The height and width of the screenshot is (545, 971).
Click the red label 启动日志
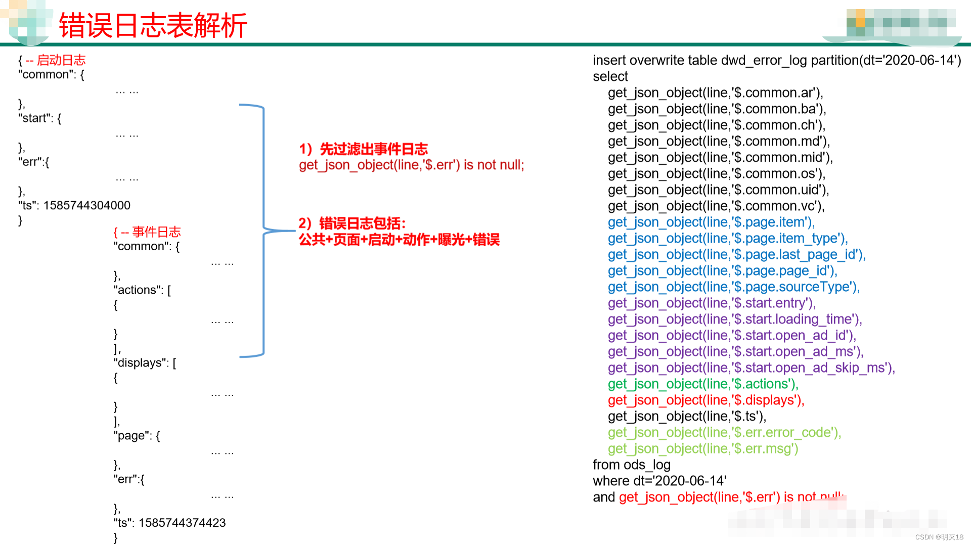(61, 60)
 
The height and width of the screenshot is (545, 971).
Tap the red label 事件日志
(156, 232)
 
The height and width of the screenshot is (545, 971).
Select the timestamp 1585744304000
(86, 205)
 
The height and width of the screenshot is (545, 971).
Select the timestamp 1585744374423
(182, 523)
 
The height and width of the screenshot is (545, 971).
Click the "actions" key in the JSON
(138, 290)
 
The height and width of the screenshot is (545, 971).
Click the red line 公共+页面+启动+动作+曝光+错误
(399, 240)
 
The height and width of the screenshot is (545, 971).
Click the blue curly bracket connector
(263, 230)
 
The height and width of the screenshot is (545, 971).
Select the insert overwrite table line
(776, 60)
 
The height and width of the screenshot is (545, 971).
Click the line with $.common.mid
(720, 158)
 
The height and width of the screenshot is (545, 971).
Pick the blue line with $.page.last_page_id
(736, 255)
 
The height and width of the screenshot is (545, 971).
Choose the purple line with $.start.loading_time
(734, 320)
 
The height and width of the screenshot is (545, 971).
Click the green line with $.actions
(702, 384)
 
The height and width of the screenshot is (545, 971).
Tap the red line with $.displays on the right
(705, 400)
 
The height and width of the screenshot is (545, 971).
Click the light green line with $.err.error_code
(724, 433)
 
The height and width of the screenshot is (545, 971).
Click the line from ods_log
(631, 465)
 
